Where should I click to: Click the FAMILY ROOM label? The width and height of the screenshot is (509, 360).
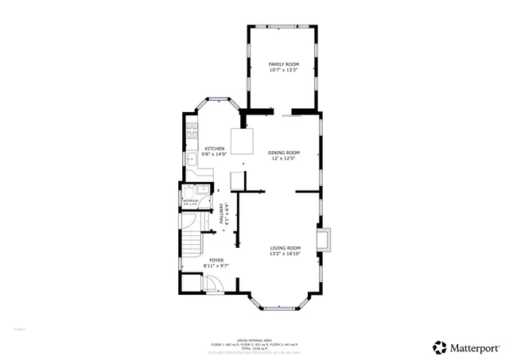(282, 64)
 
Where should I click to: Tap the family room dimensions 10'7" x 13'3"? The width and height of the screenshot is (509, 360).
(282, 70)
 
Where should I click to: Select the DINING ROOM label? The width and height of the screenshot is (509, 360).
(283, 153)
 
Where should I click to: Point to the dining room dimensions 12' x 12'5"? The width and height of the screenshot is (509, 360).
(283, 159)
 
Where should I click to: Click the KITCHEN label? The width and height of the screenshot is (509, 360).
(215, 149)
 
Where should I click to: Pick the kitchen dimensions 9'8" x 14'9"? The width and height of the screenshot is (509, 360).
(215, 155)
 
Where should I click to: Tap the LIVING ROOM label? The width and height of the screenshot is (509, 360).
(285, 247)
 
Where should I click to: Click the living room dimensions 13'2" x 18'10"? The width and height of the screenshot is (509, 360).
(285, 254)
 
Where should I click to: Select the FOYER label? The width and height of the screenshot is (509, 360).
(216, 260)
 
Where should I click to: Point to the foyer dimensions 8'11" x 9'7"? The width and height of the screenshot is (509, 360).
(216, 266)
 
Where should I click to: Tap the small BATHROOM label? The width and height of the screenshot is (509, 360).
(191, 201)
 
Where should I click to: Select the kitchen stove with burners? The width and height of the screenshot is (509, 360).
(191, 133)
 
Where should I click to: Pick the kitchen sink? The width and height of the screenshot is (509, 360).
(192, 159)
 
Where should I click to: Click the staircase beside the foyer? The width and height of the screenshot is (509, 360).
(191, 246)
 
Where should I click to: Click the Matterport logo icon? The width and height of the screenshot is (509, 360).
(440, 347)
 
